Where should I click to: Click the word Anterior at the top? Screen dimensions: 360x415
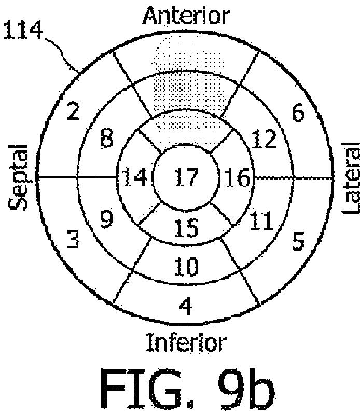[x=186, y=16]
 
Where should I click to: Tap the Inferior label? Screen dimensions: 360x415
[x=186, y=343]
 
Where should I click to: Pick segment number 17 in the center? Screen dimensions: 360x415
[x=186, y=178]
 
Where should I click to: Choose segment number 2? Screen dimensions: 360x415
[x=74, y=112]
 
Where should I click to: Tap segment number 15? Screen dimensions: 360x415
[x=186, y=226]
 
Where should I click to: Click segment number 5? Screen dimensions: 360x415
[x=298, y=242]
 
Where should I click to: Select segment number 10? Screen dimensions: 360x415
[x=186, y=268]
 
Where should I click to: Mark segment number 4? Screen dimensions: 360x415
[x=186, y=307]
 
